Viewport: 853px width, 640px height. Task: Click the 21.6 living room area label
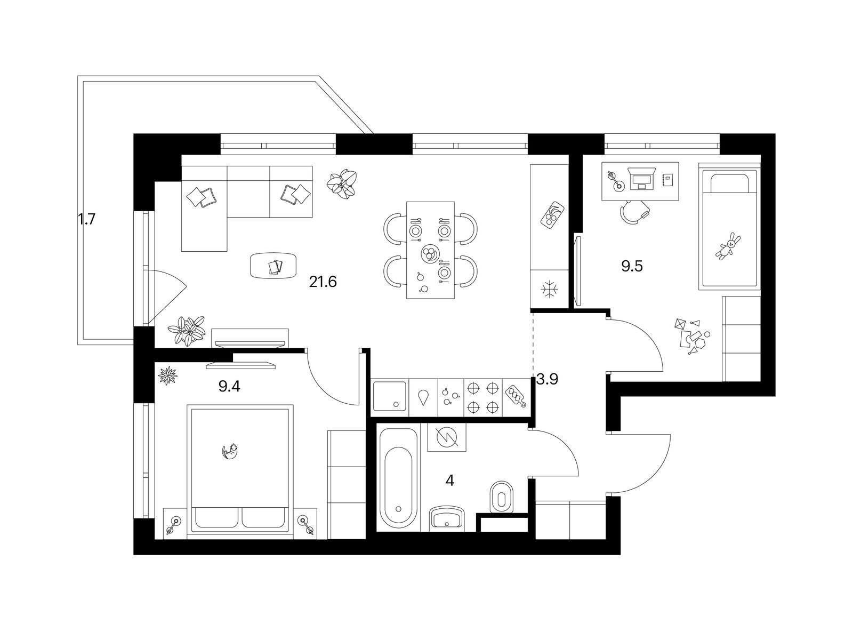pos(323,282)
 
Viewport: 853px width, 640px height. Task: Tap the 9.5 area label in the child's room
pos(632,266)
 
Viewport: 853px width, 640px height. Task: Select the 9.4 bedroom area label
pos(229,386)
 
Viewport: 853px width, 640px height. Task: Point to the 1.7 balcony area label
pos(86,220)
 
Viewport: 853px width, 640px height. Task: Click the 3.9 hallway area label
pos(547,379)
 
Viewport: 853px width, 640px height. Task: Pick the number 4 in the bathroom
pos(449,481)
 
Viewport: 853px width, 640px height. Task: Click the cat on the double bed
pos(230,452)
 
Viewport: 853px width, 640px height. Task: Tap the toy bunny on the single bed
pos(728,246)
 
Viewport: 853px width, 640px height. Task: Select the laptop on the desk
pos(642,178)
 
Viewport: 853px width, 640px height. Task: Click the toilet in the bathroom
pos(502,498)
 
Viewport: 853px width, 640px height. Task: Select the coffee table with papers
pos(273,266)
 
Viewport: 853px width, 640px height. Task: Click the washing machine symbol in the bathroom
pos(447,437)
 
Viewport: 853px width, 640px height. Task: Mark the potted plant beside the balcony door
pos(186,330)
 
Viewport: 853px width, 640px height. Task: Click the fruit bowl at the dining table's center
pos(430,254)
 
